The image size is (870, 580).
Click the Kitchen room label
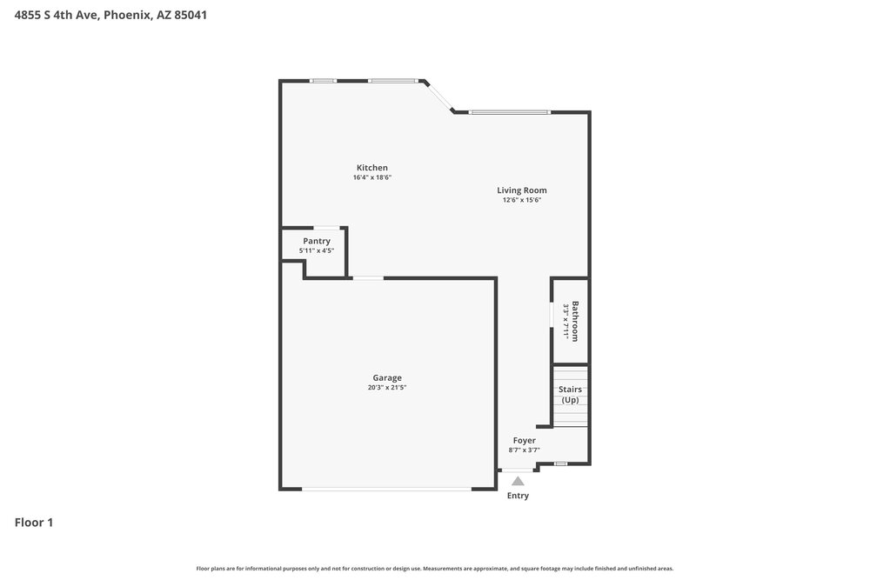tap(371, 168)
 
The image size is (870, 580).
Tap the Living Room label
tap(521, 190)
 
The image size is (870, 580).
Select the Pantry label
tap(317, 241)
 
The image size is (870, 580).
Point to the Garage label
tap(387, 378)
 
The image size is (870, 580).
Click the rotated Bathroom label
tap(575, 321)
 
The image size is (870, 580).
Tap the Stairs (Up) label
tap(570, 394)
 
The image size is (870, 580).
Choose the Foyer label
tap(524, 440)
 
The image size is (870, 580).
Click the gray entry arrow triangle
tap(518, 481)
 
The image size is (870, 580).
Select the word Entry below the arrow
tap(518, 496)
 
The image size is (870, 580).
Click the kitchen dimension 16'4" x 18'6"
tap(371, 177)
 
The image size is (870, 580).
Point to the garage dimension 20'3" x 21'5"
tap(387, 388)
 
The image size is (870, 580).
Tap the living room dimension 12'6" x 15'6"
tap(521, 200)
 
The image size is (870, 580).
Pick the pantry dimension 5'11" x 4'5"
tap(317, 250)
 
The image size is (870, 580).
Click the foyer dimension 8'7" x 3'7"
tap(524, 450)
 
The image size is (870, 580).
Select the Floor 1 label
tap(34, 523)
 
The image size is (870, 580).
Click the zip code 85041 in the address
tap(191, 15)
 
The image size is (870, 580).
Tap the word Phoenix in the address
tap(127, 15)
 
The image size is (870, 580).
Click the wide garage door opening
tap(387, 489)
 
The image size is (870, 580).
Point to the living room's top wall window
tap(509, 112)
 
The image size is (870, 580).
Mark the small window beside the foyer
tap(561, 463)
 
